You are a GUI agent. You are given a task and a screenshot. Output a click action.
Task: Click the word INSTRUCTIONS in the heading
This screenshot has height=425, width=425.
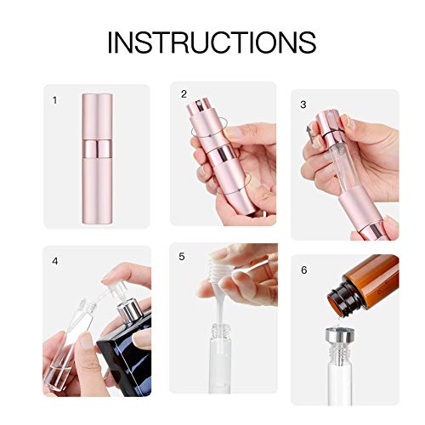212,41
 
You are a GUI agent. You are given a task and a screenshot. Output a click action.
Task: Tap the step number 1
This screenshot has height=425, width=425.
55,100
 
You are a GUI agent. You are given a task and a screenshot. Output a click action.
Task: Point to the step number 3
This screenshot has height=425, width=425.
303,105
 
